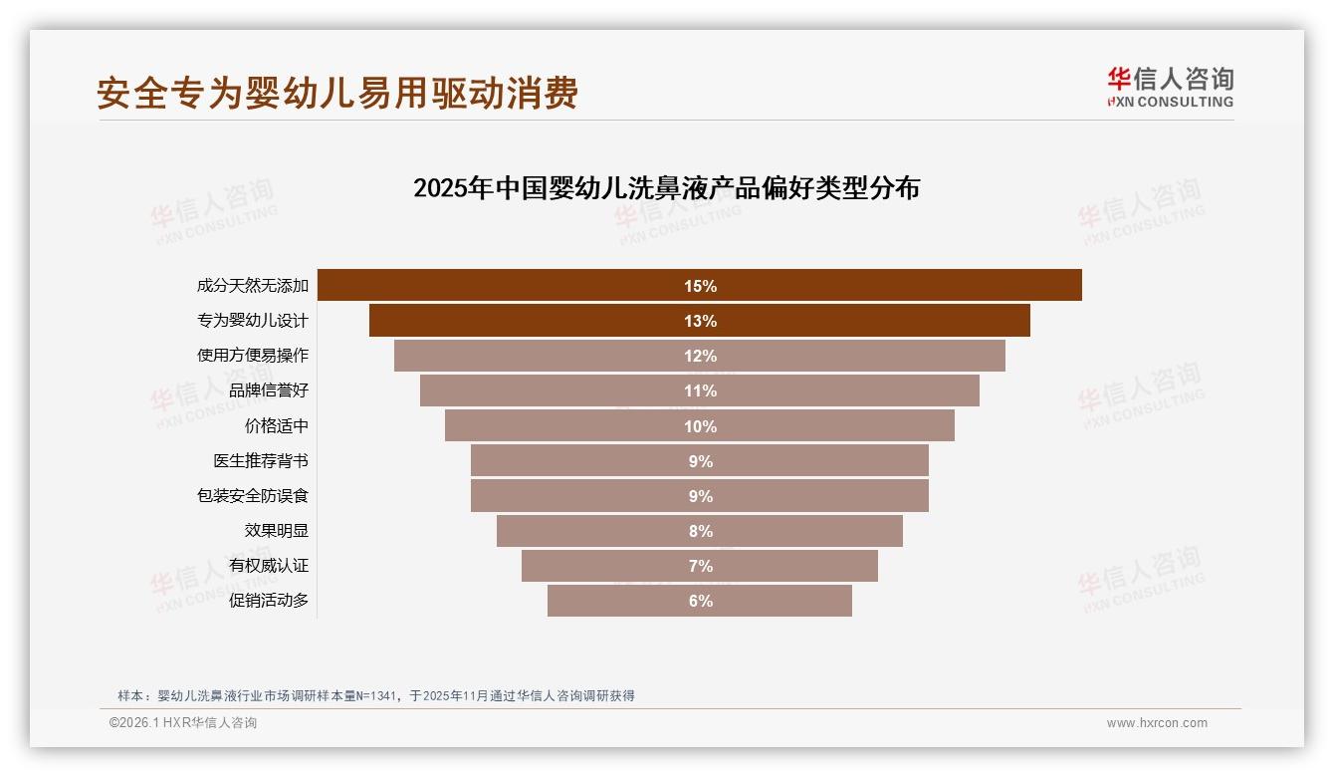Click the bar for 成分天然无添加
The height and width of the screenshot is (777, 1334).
[498, 285]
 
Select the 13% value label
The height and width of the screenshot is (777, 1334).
[700, 321]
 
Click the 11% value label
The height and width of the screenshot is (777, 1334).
[700, 390]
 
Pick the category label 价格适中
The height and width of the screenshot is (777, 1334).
[277, 425]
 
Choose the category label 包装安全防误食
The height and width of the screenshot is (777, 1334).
[253, 495]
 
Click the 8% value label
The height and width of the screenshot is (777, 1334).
[700, 531]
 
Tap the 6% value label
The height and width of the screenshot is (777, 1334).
[700, 601]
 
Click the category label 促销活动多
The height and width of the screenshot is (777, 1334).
[269, 600]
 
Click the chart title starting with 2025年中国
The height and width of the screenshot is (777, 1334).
[666, 188]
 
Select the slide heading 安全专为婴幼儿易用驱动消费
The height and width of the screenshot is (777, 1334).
[337, 93]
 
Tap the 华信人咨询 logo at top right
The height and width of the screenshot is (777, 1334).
[1170, 87]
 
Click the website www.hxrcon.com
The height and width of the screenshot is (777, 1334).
[1157, 723]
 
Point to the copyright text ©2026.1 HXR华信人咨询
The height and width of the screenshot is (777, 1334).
[183, 723]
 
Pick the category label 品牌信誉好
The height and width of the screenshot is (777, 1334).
[269, 390]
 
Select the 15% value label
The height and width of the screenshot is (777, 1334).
[700, 286]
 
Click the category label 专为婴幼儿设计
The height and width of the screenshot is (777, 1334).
[253, 321]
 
